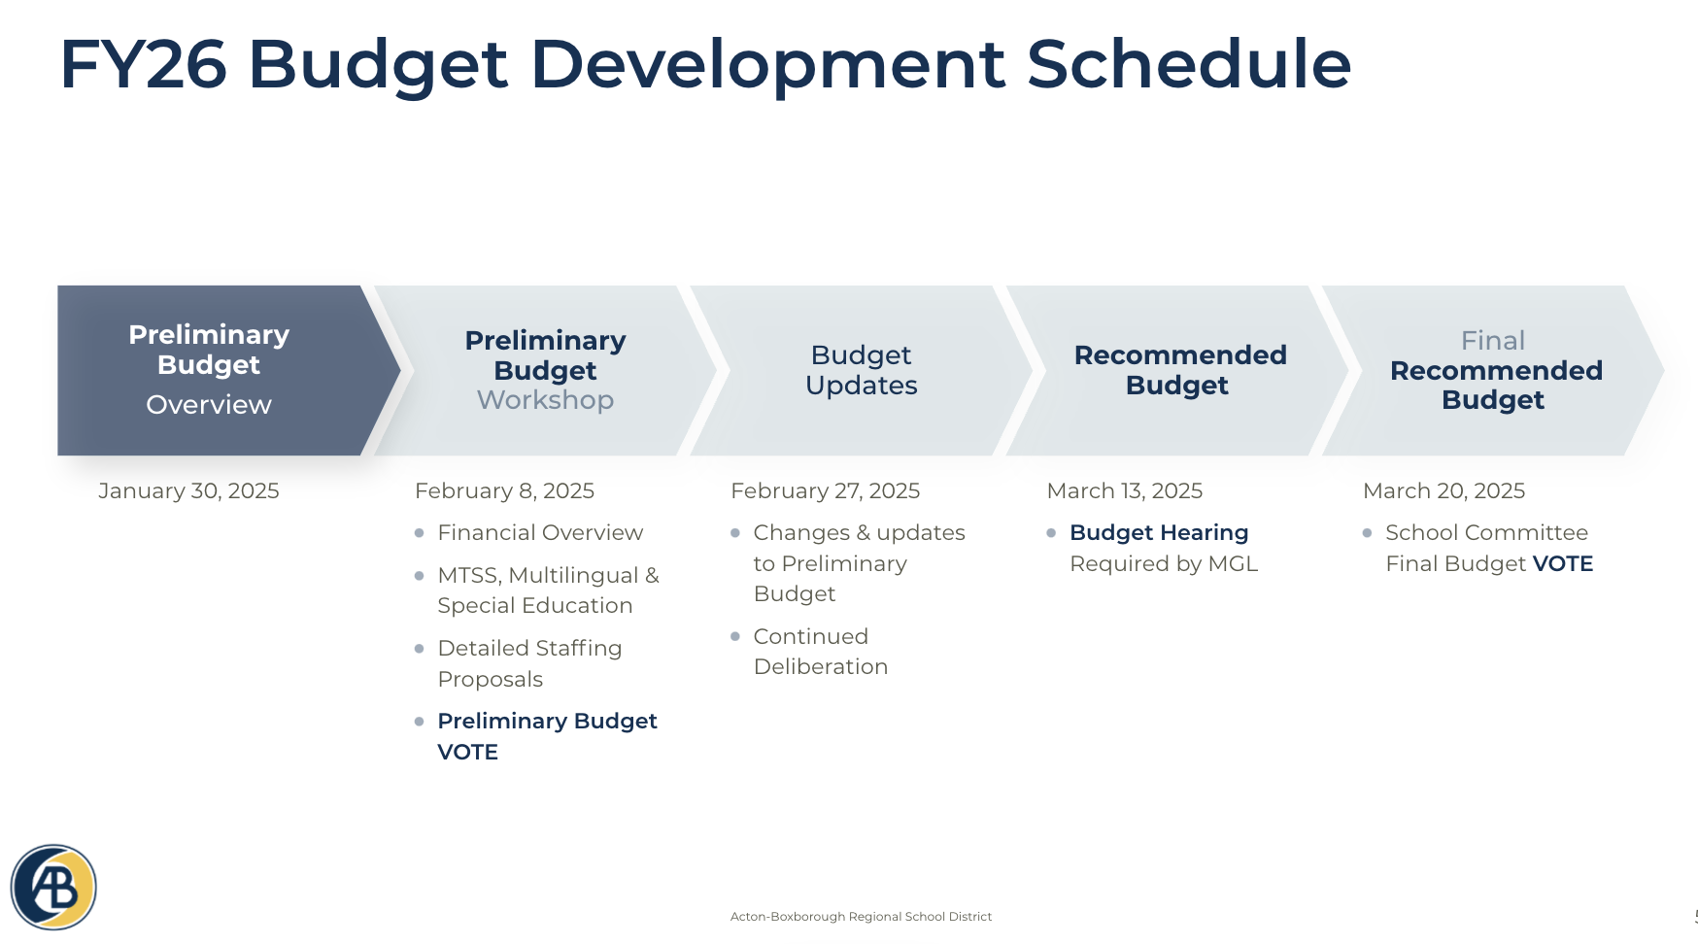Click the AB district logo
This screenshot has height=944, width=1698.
53,887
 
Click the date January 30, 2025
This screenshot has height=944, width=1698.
188,491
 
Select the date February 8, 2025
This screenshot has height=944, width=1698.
504,491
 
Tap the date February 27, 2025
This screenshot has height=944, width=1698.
825,491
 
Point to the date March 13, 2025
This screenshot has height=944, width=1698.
1124,491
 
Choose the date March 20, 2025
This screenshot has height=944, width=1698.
1443,491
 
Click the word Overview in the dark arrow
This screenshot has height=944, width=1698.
209,405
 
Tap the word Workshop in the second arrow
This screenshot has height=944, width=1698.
545,400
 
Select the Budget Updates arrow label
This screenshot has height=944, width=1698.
861,370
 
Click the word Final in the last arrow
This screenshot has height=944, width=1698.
1492,341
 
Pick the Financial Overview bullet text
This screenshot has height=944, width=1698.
540,533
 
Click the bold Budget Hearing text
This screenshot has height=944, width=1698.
1158,533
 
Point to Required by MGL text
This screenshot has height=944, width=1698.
1163,564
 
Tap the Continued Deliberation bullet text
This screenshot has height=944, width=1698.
820,652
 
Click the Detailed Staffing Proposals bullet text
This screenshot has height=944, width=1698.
529,663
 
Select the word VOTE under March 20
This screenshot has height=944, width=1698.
1562,564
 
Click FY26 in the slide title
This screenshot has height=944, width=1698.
143,65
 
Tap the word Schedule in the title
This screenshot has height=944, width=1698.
1188,65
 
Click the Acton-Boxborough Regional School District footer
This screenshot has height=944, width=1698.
861,917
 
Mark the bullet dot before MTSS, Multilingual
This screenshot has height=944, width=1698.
419,576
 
